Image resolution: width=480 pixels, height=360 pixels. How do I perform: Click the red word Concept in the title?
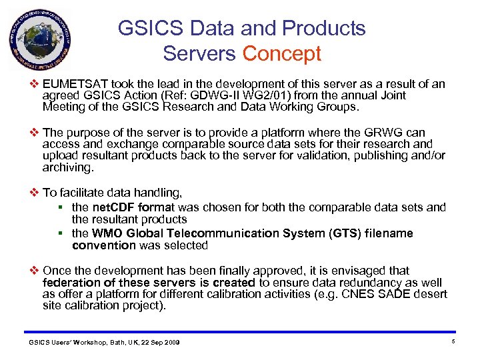[282, 54]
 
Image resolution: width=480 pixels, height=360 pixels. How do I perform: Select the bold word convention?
[104, 245]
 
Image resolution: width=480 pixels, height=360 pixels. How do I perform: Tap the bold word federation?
[70, 283]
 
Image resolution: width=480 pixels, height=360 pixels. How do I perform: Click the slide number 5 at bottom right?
[452, 342]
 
